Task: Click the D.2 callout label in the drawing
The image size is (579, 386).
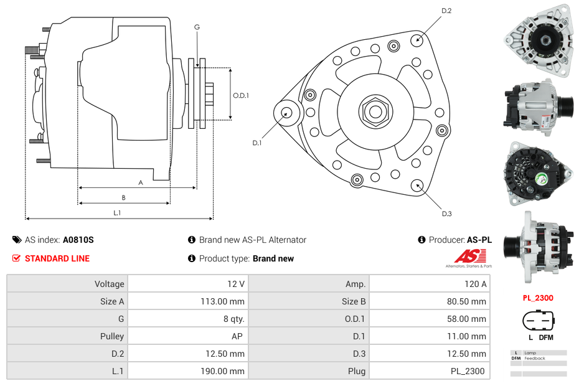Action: (x=446, y=11)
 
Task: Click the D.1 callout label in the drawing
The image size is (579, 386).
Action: (x=257, y=143)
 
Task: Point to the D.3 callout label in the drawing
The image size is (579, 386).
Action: (x=446, y=214)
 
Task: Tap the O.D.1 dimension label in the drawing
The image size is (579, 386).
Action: (x=241, y=95)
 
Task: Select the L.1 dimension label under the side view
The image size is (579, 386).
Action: (x=117, y=213)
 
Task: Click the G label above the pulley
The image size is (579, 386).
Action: (x=197, y=27)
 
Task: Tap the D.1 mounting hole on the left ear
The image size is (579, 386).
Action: (x=287, y=113)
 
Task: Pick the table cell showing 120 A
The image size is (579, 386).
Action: (x=430, y=284)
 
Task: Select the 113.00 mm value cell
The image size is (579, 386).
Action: (x=187, y=301)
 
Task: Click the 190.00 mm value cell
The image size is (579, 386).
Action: (x=187, y=371)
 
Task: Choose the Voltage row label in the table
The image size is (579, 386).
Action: (x=67, y=284)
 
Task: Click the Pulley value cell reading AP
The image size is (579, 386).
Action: (x=187, y=336)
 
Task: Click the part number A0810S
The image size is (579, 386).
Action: (x=78, y=240)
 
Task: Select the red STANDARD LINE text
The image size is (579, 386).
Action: (x=57, y=258)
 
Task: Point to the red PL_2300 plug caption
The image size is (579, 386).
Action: (x=538, y=298)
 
